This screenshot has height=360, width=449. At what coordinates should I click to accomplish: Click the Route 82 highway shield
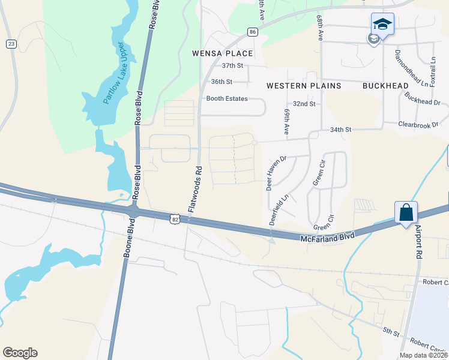coord(174,220)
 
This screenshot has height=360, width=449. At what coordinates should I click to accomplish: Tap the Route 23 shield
coord(11,44)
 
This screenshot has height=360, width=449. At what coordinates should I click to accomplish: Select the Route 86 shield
coord(253,31)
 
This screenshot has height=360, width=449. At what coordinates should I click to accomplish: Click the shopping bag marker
coord(406,213)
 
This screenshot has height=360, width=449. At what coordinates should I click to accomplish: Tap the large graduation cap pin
coord(382,25)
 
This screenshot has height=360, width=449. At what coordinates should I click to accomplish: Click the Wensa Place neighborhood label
coord(222,53)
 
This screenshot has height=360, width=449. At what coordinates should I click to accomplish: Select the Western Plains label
coord(304,86)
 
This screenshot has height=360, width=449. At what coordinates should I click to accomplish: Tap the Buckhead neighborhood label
coord(385,86)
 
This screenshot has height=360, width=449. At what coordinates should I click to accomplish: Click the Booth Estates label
coord(227,98)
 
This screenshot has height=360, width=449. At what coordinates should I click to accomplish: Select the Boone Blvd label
coord(127,238)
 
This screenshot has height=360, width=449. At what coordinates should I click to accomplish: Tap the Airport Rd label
coord(417,243)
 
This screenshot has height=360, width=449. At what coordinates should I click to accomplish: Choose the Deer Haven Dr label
coord(277,172)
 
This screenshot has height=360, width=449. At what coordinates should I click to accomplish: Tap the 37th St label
coord(232,65)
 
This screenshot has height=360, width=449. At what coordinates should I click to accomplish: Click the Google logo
coord(20,353)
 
